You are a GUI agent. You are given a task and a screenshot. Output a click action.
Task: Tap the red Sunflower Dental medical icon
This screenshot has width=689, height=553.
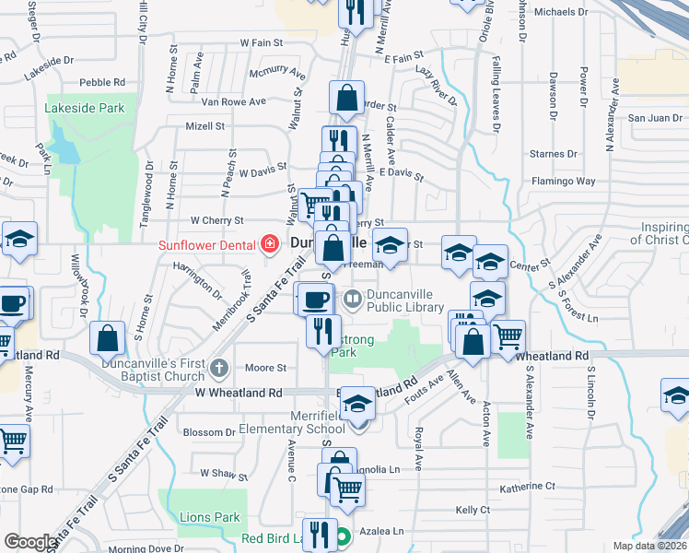270,244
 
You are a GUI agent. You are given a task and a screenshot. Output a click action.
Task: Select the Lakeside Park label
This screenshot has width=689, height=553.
85,108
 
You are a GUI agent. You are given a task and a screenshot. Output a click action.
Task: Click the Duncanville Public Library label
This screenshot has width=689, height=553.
405,300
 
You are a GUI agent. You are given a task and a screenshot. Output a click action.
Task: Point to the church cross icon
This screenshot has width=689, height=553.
218,369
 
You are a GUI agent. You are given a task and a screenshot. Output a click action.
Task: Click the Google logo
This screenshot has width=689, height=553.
29,542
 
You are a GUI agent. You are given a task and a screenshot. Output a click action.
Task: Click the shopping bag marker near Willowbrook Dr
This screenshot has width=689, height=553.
108,338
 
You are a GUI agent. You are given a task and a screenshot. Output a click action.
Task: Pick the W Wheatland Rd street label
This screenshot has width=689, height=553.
238,393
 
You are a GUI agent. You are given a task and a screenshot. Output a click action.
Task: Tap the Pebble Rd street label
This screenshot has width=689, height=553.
102,82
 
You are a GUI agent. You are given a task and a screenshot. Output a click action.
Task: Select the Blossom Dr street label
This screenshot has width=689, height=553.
210,431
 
